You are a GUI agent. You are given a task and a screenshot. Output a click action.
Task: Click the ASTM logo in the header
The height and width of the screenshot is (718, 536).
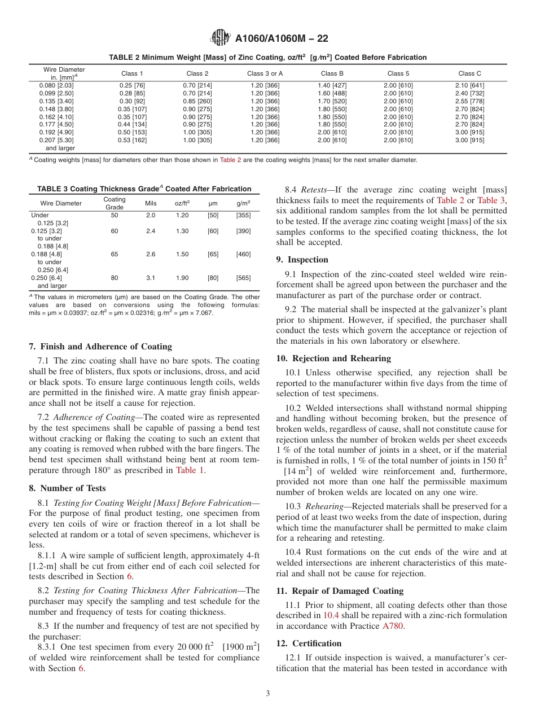point(220,38)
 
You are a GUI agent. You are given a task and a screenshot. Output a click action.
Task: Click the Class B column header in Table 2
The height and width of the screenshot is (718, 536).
point(332,73)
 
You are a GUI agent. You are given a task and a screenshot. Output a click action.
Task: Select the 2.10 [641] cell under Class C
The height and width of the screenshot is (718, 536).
point(469,85)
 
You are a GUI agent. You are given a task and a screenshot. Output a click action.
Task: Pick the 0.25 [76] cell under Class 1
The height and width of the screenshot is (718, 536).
point(132,85)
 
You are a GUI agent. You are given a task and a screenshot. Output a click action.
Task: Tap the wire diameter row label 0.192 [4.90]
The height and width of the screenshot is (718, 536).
point(56,132)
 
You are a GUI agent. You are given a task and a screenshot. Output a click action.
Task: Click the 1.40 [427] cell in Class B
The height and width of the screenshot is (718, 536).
point(332,85)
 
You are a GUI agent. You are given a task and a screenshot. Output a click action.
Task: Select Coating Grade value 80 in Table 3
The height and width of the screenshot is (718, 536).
point(115,278)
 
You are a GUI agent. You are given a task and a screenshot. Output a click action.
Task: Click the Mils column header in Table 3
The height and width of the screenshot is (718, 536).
point(151,203)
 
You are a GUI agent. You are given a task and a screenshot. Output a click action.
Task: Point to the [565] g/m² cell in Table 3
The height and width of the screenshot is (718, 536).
point(243,278)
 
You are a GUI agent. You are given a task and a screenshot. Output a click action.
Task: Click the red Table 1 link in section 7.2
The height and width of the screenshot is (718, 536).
point(190,470)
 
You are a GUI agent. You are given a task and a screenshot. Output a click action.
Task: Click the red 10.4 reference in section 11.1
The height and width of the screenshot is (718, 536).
point(331,615)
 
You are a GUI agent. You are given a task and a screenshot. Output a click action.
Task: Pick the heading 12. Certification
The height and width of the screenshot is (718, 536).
point(309,643)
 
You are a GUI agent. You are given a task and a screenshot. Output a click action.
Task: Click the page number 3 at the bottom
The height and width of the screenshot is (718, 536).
point(268,694)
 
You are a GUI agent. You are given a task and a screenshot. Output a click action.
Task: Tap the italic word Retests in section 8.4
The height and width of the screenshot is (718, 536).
point(314,190)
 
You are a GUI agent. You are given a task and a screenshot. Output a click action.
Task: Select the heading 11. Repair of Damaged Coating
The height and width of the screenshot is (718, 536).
point(339,591)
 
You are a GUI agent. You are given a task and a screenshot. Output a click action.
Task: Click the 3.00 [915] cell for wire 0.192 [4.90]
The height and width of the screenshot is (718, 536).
point(469,132)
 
